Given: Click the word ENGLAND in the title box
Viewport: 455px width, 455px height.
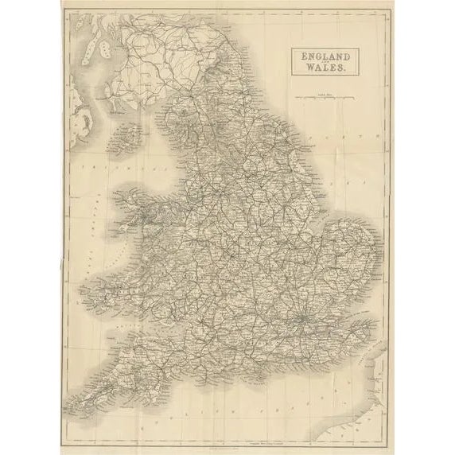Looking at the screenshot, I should pos(326,56).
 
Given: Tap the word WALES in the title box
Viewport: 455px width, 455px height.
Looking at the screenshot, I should pos(326,68).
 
